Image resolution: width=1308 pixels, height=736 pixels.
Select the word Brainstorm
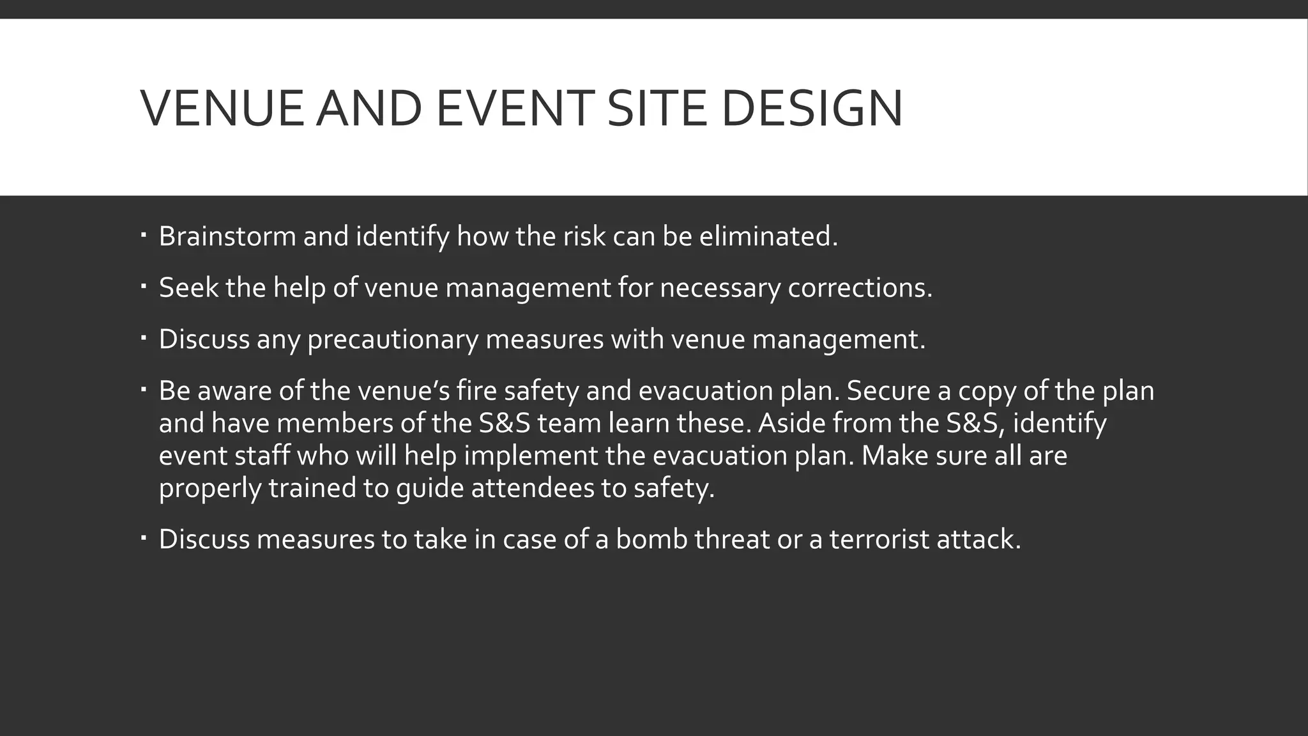coord(227,236)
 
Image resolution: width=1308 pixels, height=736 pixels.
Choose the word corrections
coord(860,287)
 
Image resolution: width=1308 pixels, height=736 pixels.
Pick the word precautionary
coord(392,339)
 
